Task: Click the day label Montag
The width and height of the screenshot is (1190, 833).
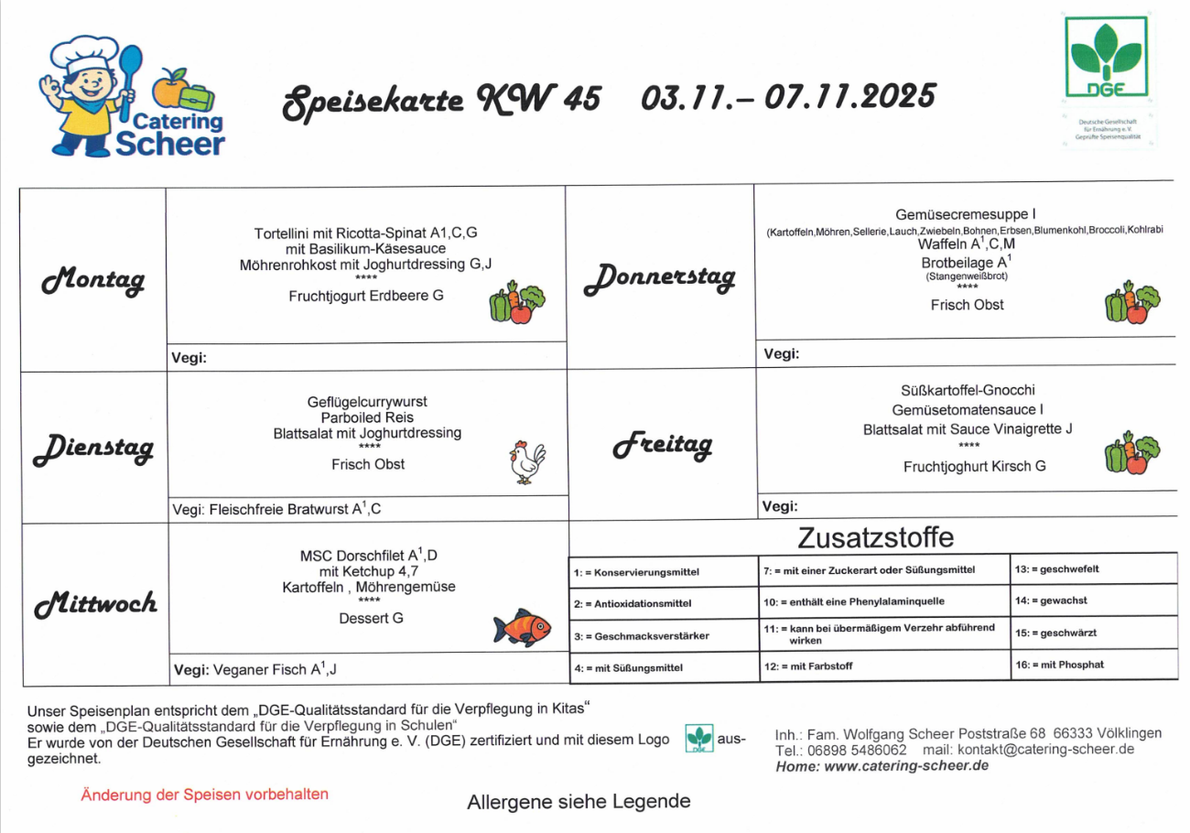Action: pos(92,279)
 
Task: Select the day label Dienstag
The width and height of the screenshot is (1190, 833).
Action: pos(92,449)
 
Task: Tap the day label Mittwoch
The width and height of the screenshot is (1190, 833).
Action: pos(96,604)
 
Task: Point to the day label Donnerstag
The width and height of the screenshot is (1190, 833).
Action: pos(659,277)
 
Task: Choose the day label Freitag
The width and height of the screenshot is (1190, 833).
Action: pos(663,446)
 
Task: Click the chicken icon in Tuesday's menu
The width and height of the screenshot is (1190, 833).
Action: pos(526,462)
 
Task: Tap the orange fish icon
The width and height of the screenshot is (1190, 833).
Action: pos(523,628)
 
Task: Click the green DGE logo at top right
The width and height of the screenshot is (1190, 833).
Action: pos(1107,59)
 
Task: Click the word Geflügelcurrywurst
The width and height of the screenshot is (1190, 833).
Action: pos(367,402)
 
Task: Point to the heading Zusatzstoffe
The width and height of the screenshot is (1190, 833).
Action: pos(876,537)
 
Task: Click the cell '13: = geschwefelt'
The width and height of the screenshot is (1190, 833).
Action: pos(1057,569)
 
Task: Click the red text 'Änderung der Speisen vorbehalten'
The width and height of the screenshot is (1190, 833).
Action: pos(204,795)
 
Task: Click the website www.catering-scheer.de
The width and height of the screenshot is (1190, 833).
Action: pos(906,766)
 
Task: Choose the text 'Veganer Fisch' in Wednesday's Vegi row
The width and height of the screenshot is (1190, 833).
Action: pos(261,670)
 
